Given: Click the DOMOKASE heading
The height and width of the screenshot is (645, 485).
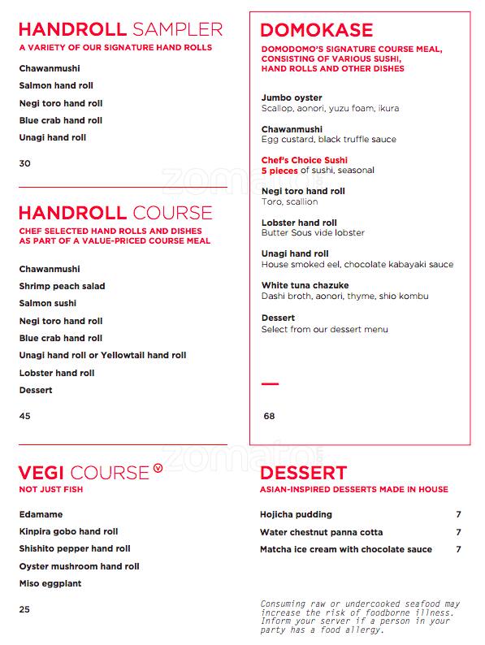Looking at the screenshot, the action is click(x=317, y=31).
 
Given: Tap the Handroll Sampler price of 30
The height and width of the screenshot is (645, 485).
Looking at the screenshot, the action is click(x=24, y=163).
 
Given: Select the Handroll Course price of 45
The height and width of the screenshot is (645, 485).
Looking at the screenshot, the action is click(x=24, y=416).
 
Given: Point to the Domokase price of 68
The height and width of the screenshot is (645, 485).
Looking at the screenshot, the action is click(x=269, y=416).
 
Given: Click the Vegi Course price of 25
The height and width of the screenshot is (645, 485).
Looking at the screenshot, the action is click(x=24, y=609).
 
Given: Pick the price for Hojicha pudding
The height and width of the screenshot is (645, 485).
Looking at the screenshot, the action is click(x=458, y=514).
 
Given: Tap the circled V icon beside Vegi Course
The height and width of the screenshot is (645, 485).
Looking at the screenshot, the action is click(x=158, y=469).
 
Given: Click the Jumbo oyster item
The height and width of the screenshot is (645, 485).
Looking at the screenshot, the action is click(x=291, y=97).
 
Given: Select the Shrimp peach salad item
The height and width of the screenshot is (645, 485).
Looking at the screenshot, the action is click(x=62, y=286).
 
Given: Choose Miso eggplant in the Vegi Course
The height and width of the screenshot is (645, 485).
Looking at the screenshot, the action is click(x=50, y=583).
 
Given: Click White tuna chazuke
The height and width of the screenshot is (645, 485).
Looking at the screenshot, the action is click(x=304, y=286).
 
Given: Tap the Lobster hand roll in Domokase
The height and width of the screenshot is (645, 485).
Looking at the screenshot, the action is click(x=299, y=223).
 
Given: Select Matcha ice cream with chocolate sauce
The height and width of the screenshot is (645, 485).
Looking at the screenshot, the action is click(x=346, y=549).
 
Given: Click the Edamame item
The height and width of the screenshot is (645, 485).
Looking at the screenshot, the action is click(x=41, y=514).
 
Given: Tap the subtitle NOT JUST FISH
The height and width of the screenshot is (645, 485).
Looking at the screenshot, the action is click(x=51, y=490).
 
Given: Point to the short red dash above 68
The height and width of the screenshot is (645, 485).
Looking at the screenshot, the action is click(x=270, y=383).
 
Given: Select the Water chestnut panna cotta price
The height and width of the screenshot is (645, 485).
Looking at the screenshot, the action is click(x=458, y=532).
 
